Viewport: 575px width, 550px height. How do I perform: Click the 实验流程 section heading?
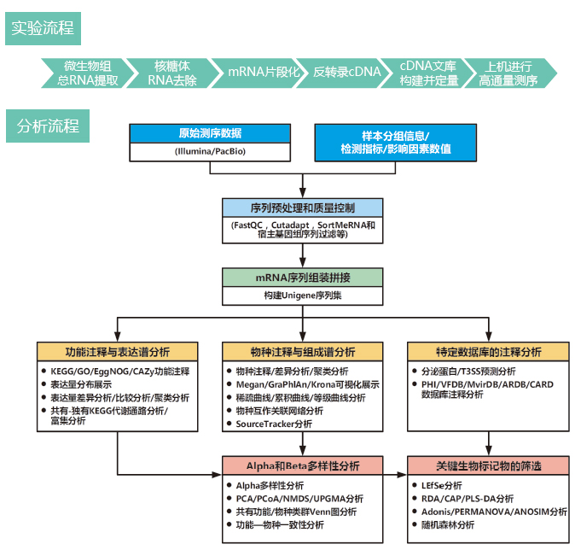click(x=43, y=28)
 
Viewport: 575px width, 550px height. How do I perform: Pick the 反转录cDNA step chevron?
click(x=347, y=73)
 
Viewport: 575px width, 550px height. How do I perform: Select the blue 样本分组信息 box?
click(x=394, y=143)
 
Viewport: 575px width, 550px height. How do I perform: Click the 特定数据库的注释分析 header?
click(x=487, y=352)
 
